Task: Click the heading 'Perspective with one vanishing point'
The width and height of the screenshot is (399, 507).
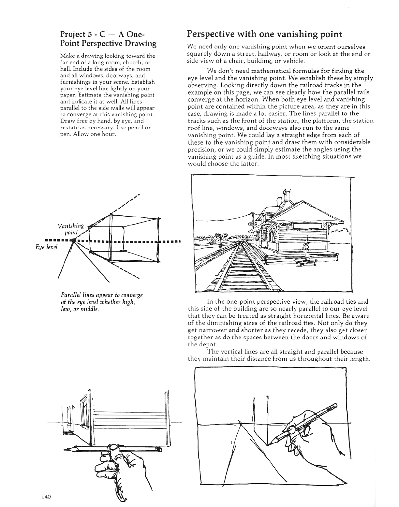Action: pyautogui.click(x=264, y=34)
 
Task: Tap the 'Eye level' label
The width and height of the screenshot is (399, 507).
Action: pyautogui.click(x=46, y=247)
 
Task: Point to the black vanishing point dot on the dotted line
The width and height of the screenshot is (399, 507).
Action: pyautogui.click(x=74, y=240)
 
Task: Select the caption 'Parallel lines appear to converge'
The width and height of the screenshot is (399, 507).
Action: pyautogui.click(x=102, y=295)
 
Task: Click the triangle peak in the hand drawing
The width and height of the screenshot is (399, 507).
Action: pyautogui.click(x=240, y=422)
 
